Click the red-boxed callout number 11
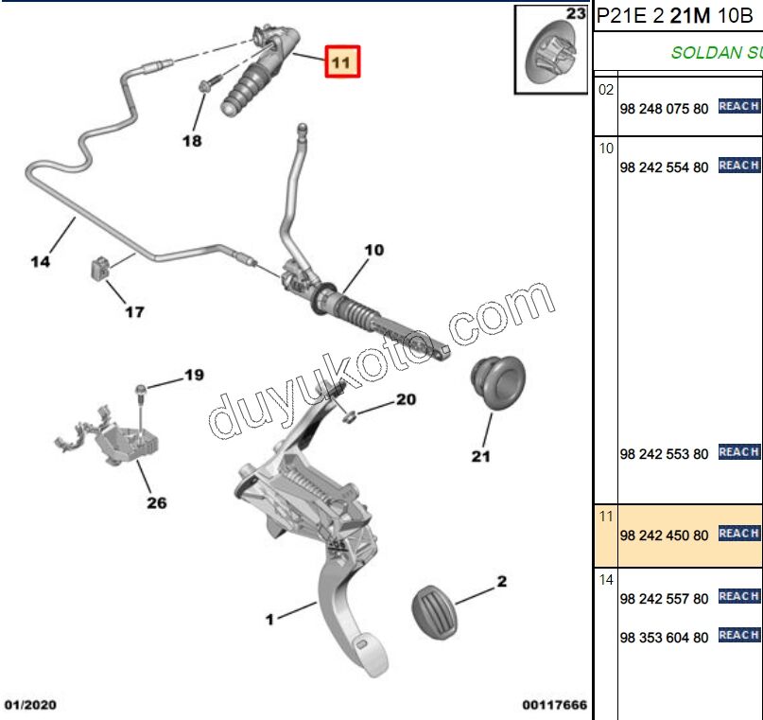pos(342,61)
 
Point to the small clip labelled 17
pos(99,268)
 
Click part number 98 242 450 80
pos(664,536)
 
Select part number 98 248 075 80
pos(664,109)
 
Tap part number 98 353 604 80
pos(664,638)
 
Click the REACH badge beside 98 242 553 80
pos(739,452)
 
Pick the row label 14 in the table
pos(606,580)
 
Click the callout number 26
pos(157,503)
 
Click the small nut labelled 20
pos(349,417)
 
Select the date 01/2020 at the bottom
pos(30,705)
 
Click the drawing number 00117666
pos(555,705)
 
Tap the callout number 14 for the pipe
pos(41,261)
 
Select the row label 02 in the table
pos(606,90)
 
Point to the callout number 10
pos(374,250)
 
